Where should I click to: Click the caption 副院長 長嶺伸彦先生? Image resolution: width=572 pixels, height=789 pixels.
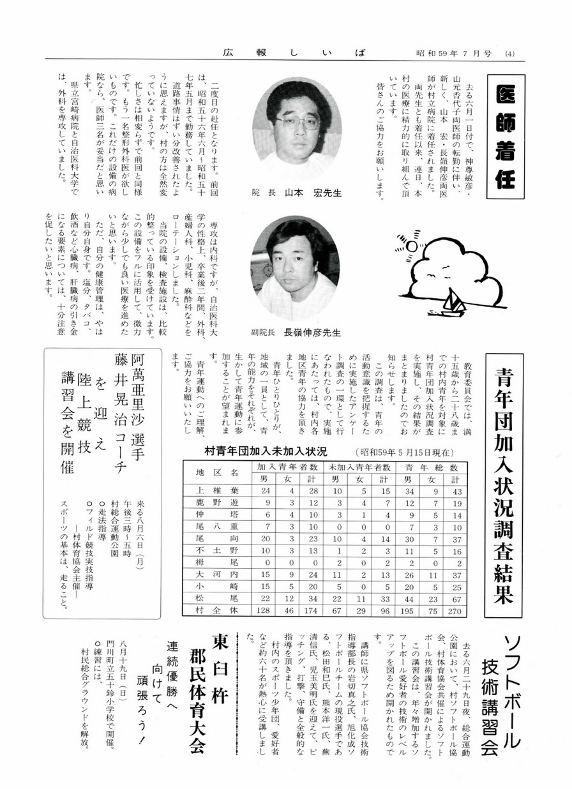coord(296,332)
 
